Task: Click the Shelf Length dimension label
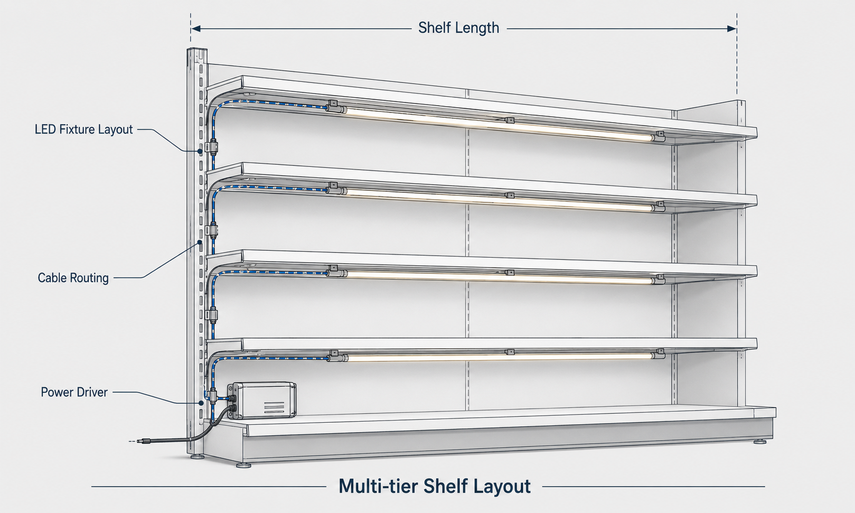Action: point(458,28)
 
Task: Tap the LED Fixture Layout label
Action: point(83,129)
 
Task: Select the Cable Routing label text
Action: point(73,278)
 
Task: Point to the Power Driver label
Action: point(74,393)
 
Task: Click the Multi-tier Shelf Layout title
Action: point(435,486)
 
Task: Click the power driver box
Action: point(262,400)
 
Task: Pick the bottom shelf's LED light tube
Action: point(500,357)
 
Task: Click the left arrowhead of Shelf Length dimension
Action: point(196,29)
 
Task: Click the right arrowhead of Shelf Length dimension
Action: point(732,29)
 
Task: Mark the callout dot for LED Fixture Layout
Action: point(200,151)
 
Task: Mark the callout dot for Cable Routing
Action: point(199,242)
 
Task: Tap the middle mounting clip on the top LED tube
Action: point(509,120)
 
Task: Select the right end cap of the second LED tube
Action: point(659,207)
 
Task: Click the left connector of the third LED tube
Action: point(336,272)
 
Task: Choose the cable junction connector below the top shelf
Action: point(212,147)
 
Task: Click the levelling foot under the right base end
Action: point(759,442)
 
